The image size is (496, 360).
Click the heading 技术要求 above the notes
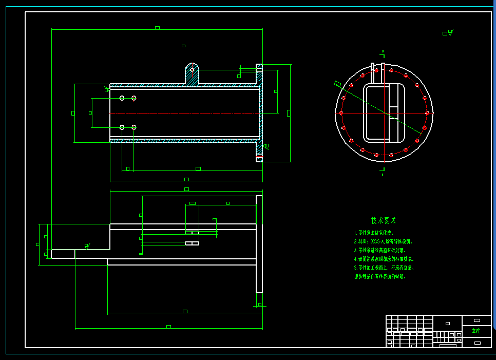[x=384, y=221]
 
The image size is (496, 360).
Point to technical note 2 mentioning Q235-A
[x=383, y=241]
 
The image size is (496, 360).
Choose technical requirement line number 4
[x=384, y=259]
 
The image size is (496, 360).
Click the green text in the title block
[x=476, y=331]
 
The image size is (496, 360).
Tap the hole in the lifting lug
[x=192, y=69]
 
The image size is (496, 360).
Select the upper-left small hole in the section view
[x=122, y=98]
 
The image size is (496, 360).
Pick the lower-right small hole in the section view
[x=133, y=127]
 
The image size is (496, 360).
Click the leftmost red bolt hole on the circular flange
[x=341, y=113]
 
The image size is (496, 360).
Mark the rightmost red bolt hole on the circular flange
[x=427, y=113]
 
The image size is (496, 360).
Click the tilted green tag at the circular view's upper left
[x=337, y=84]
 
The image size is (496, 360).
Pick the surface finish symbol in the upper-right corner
[x=448, y=33]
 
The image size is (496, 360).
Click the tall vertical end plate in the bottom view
[x=259, y=244]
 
